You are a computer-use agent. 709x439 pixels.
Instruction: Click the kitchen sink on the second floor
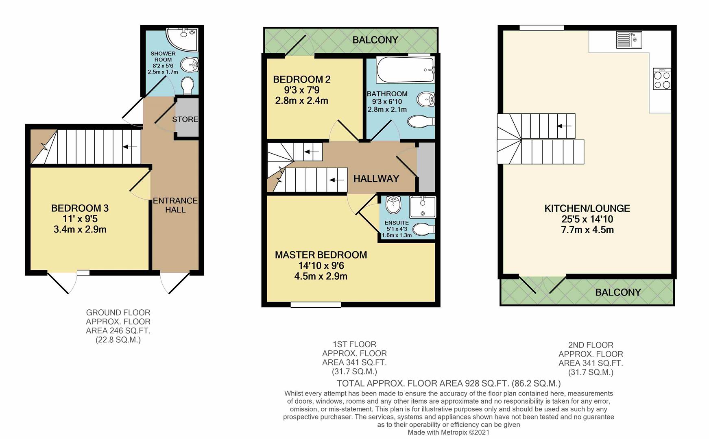click(629, 39)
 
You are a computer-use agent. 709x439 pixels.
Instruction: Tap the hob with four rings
click(661, 79)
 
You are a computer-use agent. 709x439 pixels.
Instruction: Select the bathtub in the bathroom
click(405, 70)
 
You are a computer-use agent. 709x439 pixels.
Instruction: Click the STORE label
click(185, 119)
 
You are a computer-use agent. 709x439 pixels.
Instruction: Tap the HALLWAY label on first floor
click(376, 178)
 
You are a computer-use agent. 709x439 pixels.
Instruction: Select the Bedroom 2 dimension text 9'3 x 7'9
click(301, 90)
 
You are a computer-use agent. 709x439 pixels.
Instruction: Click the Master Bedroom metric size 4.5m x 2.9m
click(321, 276)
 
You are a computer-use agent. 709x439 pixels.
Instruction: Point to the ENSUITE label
click(397, 223)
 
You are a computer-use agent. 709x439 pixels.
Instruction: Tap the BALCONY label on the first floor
click(375, 40)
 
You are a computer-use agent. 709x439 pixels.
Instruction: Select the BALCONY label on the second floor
click(617, 292)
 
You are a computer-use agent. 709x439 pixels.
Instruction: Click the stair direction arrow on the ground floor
click(130, 147)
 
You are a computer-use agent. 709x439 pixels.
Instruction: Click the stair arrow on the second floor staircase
click(564, 126)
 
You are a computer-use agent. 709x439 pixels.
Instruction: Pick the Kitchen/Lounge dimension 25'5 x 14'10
click(587, 219)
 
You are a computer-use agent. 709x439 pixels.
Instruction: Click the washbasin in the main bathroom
click(426, 98)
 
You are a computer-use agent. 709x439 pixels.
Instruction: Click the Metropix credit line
click(448, 432)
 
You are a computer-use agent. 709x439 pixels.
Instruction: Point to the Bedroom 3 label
click(80, 208)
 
